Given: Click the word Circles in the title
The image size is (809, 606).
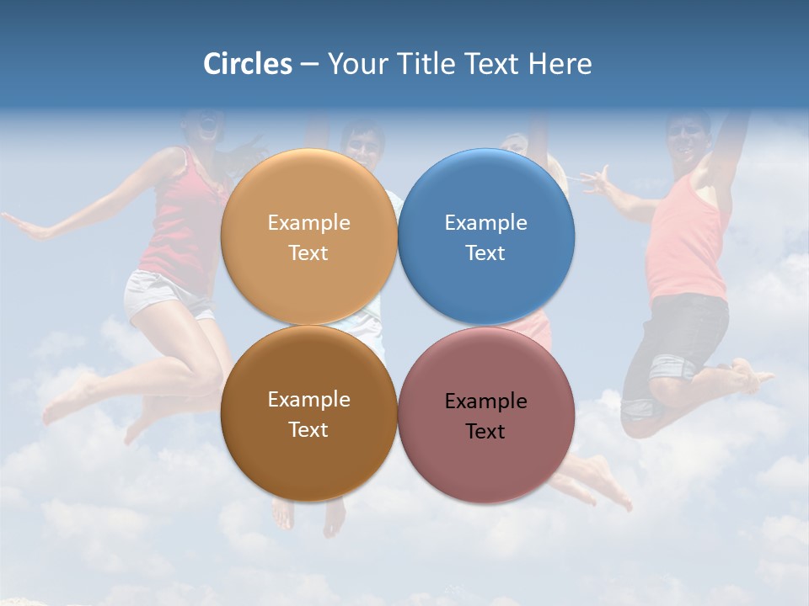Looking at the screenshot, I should pos(247,64).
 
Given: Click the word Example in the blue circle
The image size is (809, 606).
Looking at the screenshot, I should pos(485,223).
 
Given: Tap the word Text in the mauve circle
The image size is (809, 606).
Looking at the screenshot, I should pos(485,432).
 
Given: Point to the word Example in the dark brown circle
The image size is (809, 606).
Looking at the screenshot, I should pos(308,400).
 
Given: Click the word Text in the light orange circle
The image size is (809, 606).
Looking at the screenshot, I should pos(308,253).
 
